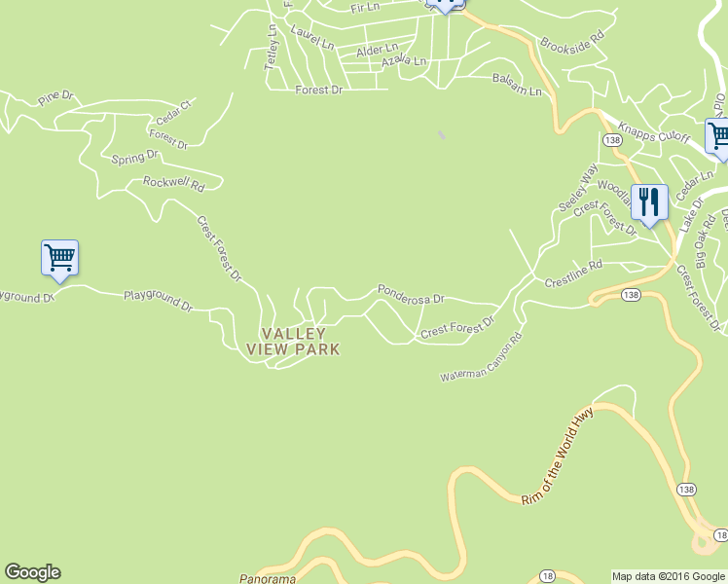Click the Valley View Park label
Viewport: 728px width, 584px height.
click(293, 342)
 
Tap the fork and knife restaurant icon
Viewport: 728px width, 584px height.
click(649, 202)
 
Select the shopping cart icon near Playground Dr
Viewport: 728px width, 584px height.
click(59, 258)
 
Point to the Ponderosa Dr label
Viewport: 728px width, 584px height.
click(411, 292)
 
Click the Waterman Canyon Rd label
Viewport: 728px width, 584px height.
click(481, 358)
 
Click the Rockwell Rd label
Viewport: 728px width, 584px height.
click(173, 183)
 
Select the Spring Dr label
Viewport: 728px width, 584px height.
click(134, 157)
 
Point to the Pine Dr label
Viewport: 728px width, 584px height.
click(55, 97)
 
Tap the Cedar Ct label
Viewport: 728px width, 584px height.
click(173, 106)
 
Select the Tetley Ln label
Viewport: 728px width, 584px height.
click(272, 47)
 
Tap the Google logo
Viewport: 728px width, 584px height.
click(32, 572)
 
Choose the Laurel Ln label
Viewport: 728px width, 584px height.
click(312, 44)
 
